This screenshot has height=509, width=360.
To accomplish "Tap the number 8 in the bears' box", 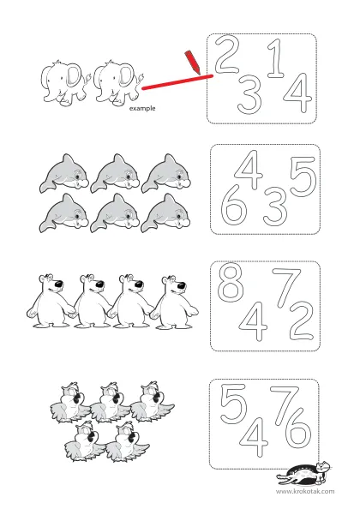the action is (231, 281).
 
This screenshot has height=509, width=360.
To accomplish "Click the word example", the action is (142, 109).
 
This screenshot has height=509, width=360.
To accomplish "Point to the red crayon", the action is (192, 63).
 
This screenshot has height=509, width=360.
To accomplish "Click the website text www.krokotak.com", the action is (305, 491).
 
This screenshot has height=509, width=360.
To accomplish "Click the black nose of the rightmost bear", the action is (181, 285).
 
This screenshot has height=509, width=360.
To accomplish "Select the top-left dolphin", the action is (64, 174).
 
